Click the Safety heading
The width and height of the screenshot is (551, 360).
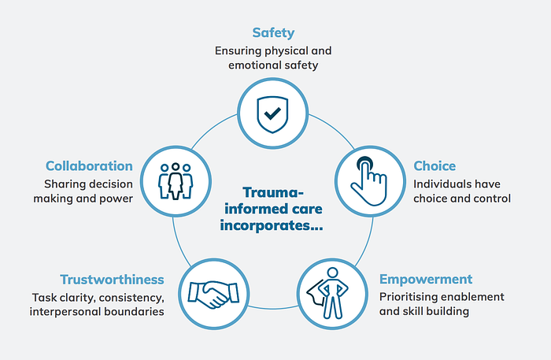point(274,32)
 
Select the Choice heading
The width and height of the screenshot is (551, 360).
point(435,166)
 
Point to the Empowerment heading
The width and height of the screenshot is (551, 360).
point(426,279)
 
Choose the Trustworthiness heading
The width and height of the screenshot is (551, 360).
point(113,279)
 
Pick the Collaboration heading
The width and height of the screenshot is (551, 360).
point(89,166)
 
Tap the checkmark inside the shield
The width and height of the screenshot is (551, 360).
point(272,113)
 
